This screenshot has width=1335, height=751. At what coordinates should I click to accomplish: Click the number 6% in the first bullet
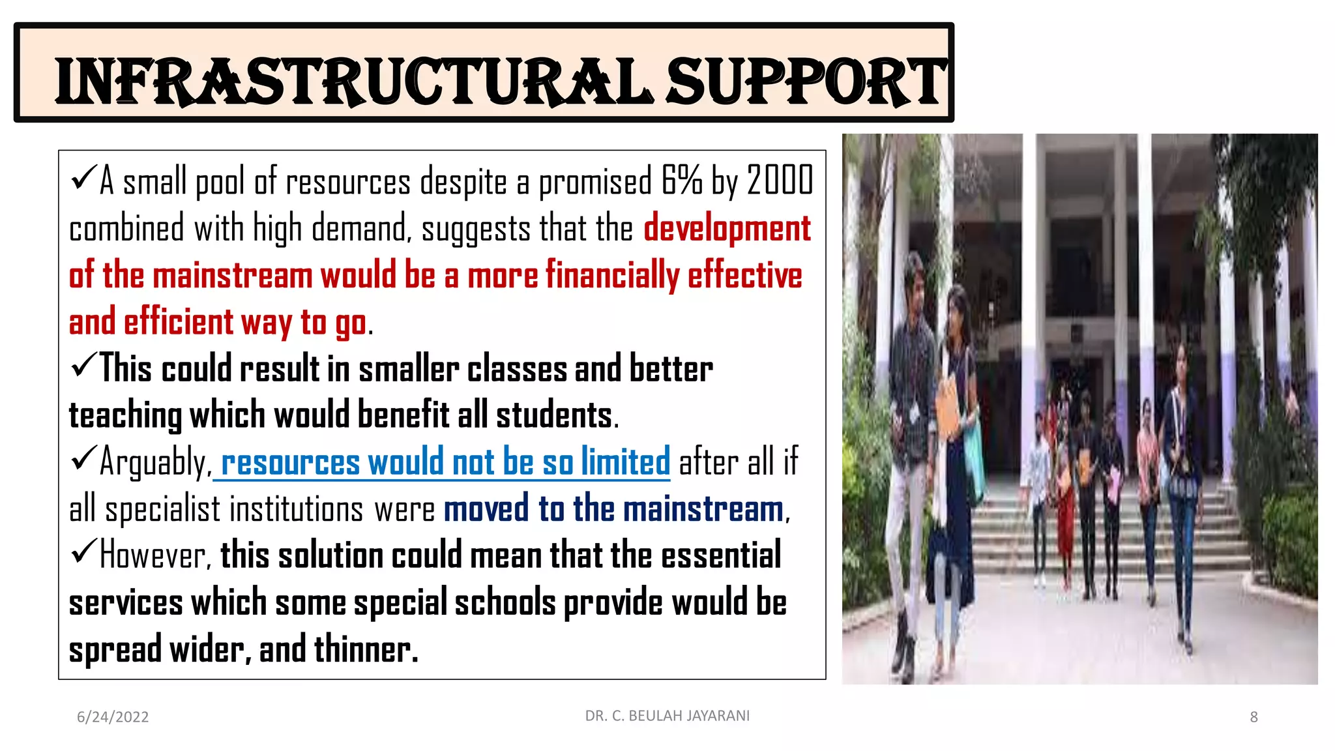[682, 181]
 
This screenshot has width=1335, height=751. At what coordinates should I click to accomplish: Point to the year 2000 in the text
[780, 181]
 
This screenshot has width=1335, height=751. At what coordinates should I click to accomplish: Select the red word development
[727, 229]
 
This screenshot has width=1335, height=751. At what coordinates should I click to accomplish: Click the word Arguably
[155, 463]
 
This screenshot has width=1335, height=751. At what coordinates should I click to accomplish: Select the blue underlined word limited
[625, 462]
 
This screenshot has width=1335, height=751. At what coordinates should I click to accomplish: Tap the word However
[154, 556]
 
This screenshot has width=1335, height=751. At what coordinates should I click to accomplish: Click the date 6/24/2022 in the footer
[113, 717]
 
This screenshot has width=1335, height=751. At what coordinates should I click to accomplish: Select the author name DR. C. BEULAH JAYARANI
[667, 716]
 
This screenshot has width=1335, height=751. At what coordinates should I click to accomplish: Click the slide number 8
[1254, 717]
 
